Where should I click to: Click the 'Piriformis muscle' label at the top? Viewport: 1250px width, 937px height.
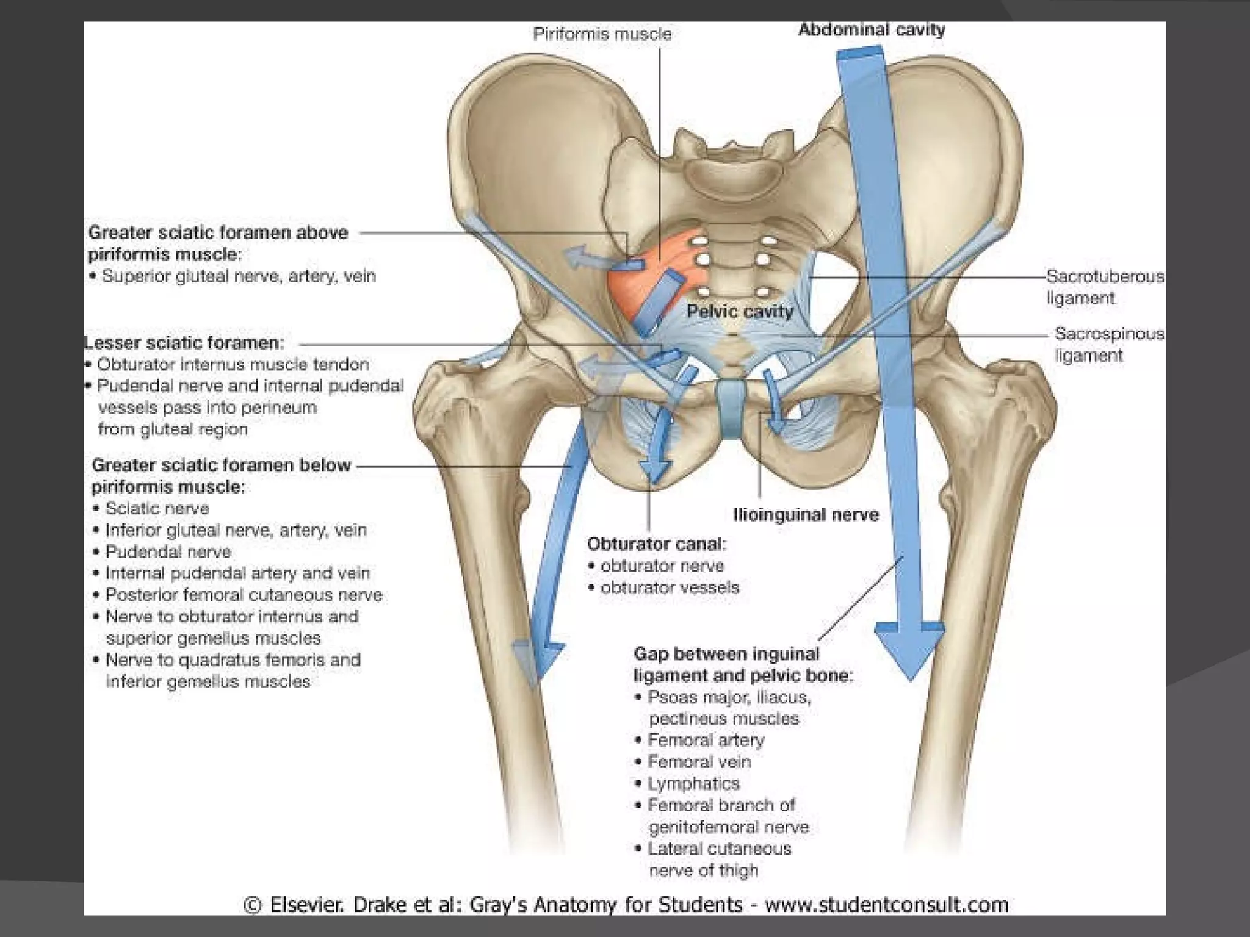[602, 34]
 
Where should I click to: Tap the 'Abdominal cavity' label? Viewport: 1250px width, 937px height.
[872, 29]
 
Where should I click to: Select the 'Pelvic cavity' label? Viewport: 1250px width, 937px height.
[740, 312]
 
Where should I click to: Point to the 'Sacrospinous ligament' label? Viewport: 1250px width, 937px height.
[1108, 345]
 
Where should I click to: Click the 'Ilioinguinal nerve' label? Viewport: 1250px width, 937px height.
[806, 515]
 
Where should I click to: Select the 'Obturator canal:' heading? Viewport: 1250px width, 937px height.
[657, 544]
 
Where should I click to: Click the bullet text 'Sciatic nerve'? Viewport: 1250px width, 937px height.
[157, 508]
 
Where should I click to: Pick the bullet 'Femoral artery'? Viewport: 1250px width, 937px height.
[706, 741]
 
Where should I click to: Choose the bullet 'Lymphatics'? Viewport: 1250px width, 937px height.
[693, 784]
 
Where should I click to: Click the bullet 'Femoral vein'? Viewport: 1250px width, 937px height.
[699, 762]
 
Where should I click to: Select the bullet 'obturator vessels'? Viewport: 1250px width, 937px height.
[670, 587]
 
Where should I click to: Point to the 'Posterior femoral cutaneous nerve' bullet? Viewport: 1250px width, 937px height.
[244, 595]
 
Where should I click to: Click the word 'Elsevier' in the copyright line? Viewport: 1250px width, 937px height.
[306, 904]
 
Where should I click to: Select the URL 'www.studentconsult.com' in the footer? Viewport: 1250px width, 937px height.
[886, 904]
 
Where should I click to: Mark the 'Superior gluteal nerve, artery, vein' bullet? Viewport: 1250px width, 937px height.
[239, 276]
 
